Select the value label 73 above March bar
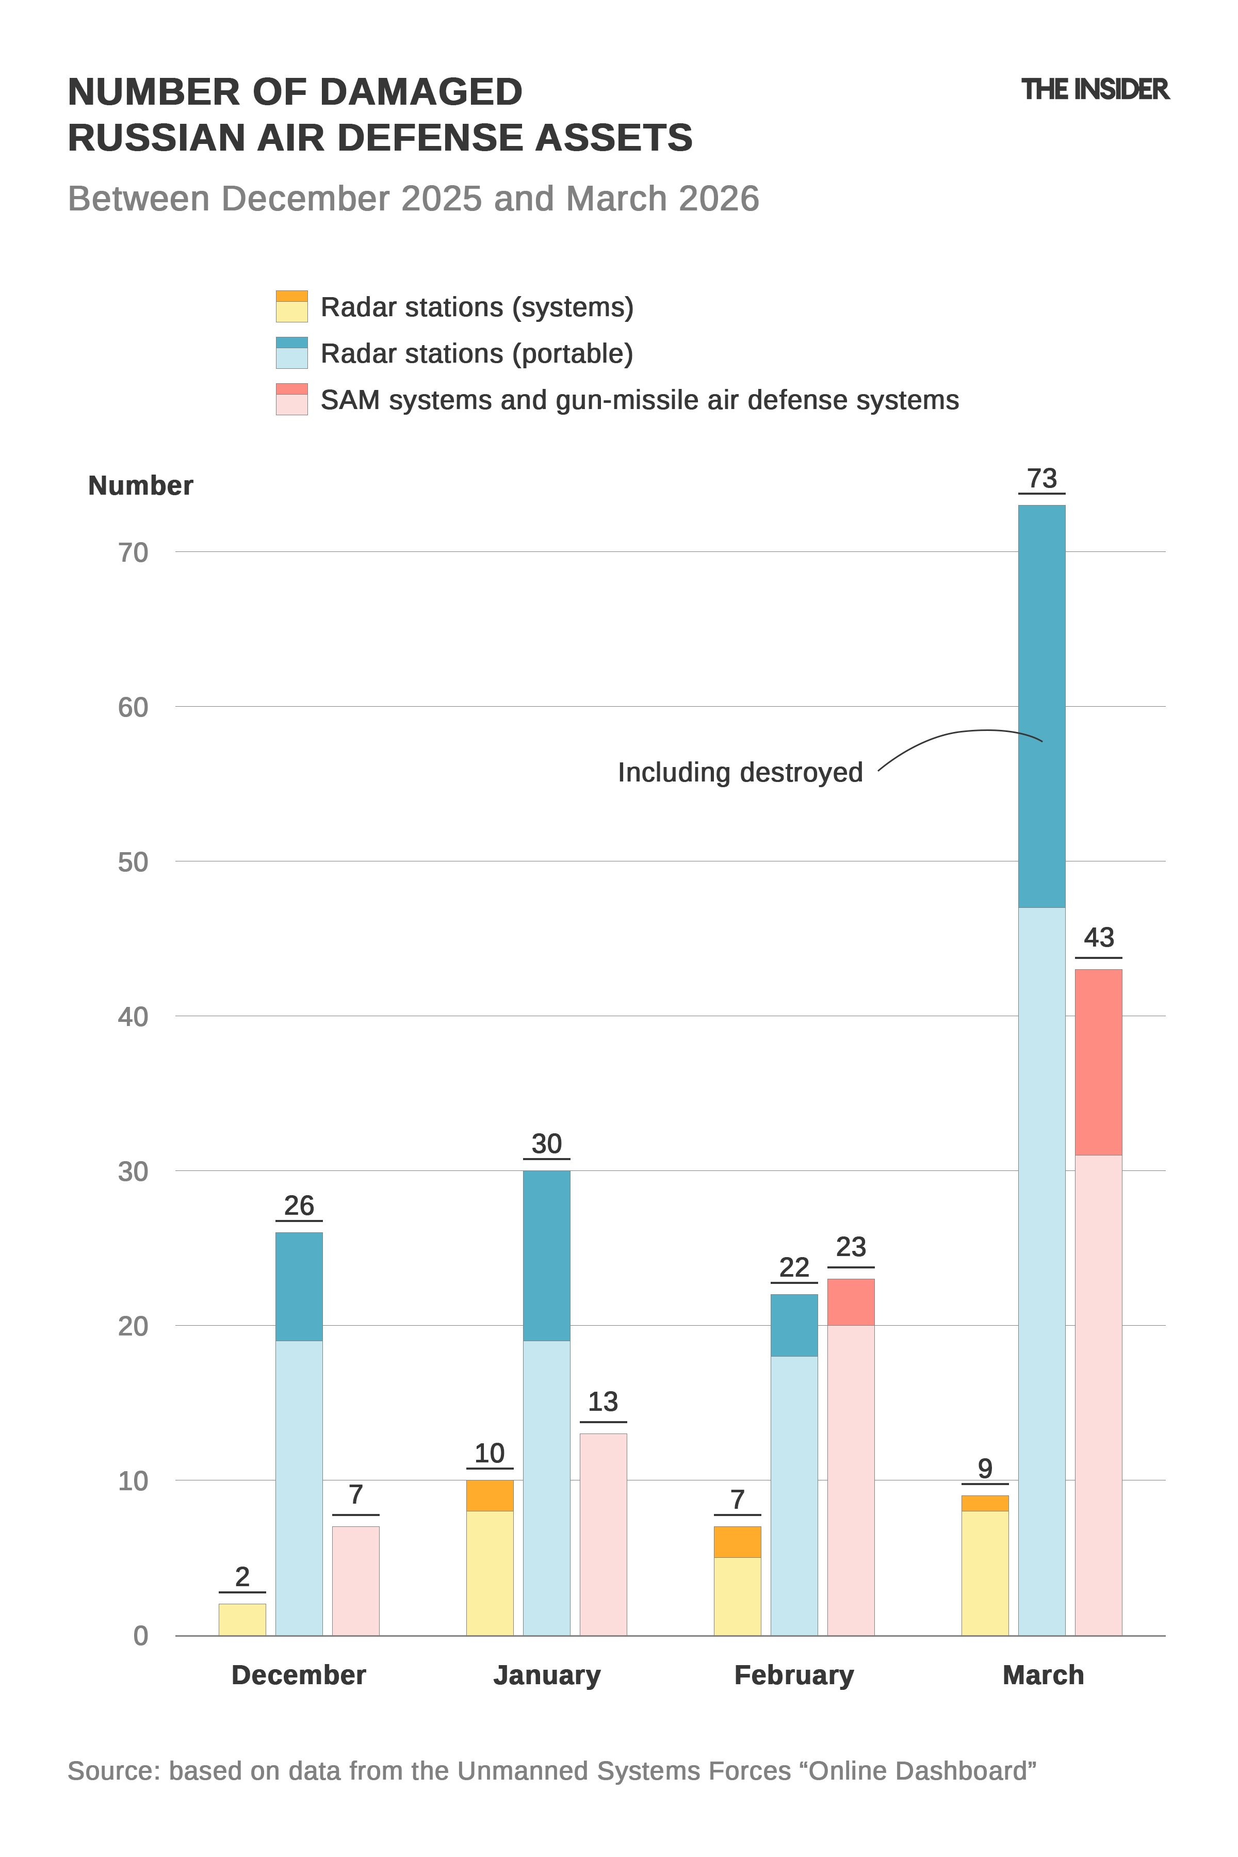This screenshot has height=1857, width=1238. tap(1041, 479)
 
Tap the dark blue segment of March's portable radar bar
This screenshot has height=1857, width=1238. tap(1041, 707)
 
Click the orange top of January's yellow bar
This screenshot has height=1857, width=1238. tap(490, 1495)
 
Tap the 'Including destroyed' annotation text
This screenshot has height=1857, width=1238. tap(740, 772)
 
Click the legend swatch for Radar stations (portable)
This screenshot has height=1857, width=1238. tap(291, 353)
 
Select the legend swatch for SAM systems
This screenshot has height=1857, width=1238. tap(291, 399)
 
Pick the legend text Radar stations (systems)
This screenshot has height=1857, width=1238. tap(477, 307)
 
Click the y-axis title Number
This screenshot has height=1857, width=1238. tap(140, 485)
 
